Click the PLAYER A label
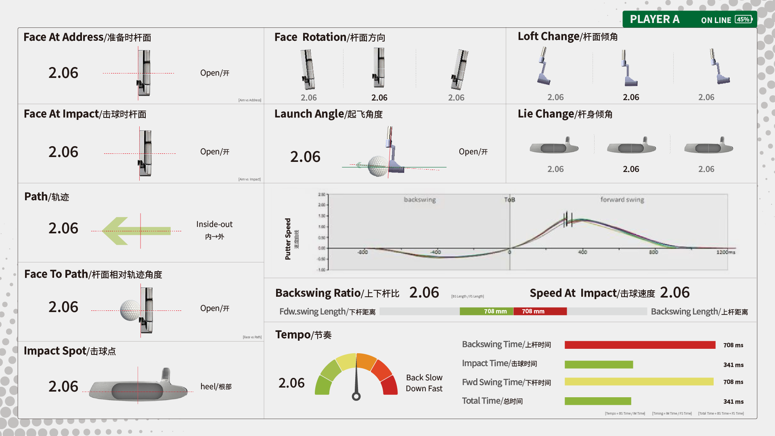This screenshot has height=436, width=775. [x=654, y=19]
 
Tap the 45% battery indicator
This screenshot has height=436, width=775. [x=743, y=19]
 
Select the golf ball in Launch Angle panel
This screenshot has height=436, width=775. [x=377, y=166]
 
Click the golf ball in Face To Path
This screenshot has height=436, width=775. [x=130, y=310]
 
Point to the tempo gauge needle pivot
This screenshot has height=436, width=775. [x=356, y=396]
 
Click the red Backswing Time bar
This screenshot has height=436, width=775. [x=640, y=345]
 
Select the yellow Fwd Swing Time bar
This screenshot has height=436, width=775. [x=639, y=381]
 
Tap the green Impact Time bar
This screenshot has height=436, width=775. [x=599, y=365]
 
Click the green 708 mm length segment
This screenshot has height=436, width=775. [x=486, y=311]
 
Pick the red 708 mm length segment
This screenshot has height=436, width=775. [x=540, y=311]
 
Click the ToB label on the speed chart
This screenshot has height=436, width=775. [x=509, y=199]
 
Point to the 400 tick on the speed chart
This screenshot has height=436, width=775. [x=582, y=252]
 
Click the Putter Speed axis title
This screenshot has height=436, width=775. [x=288, y=239]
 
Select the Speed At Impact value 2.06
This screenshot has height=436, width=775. [x=674, y=293]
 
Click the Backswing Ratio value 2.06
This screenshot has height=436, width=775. [x=424, y=293]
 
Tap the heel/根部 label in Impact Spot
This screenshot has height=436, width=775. [x=216, y=387]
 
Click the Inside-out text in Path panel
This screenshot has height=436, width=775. [x=214, y=224]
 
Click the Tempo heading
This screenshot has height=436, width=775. [x=303, y=335]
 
